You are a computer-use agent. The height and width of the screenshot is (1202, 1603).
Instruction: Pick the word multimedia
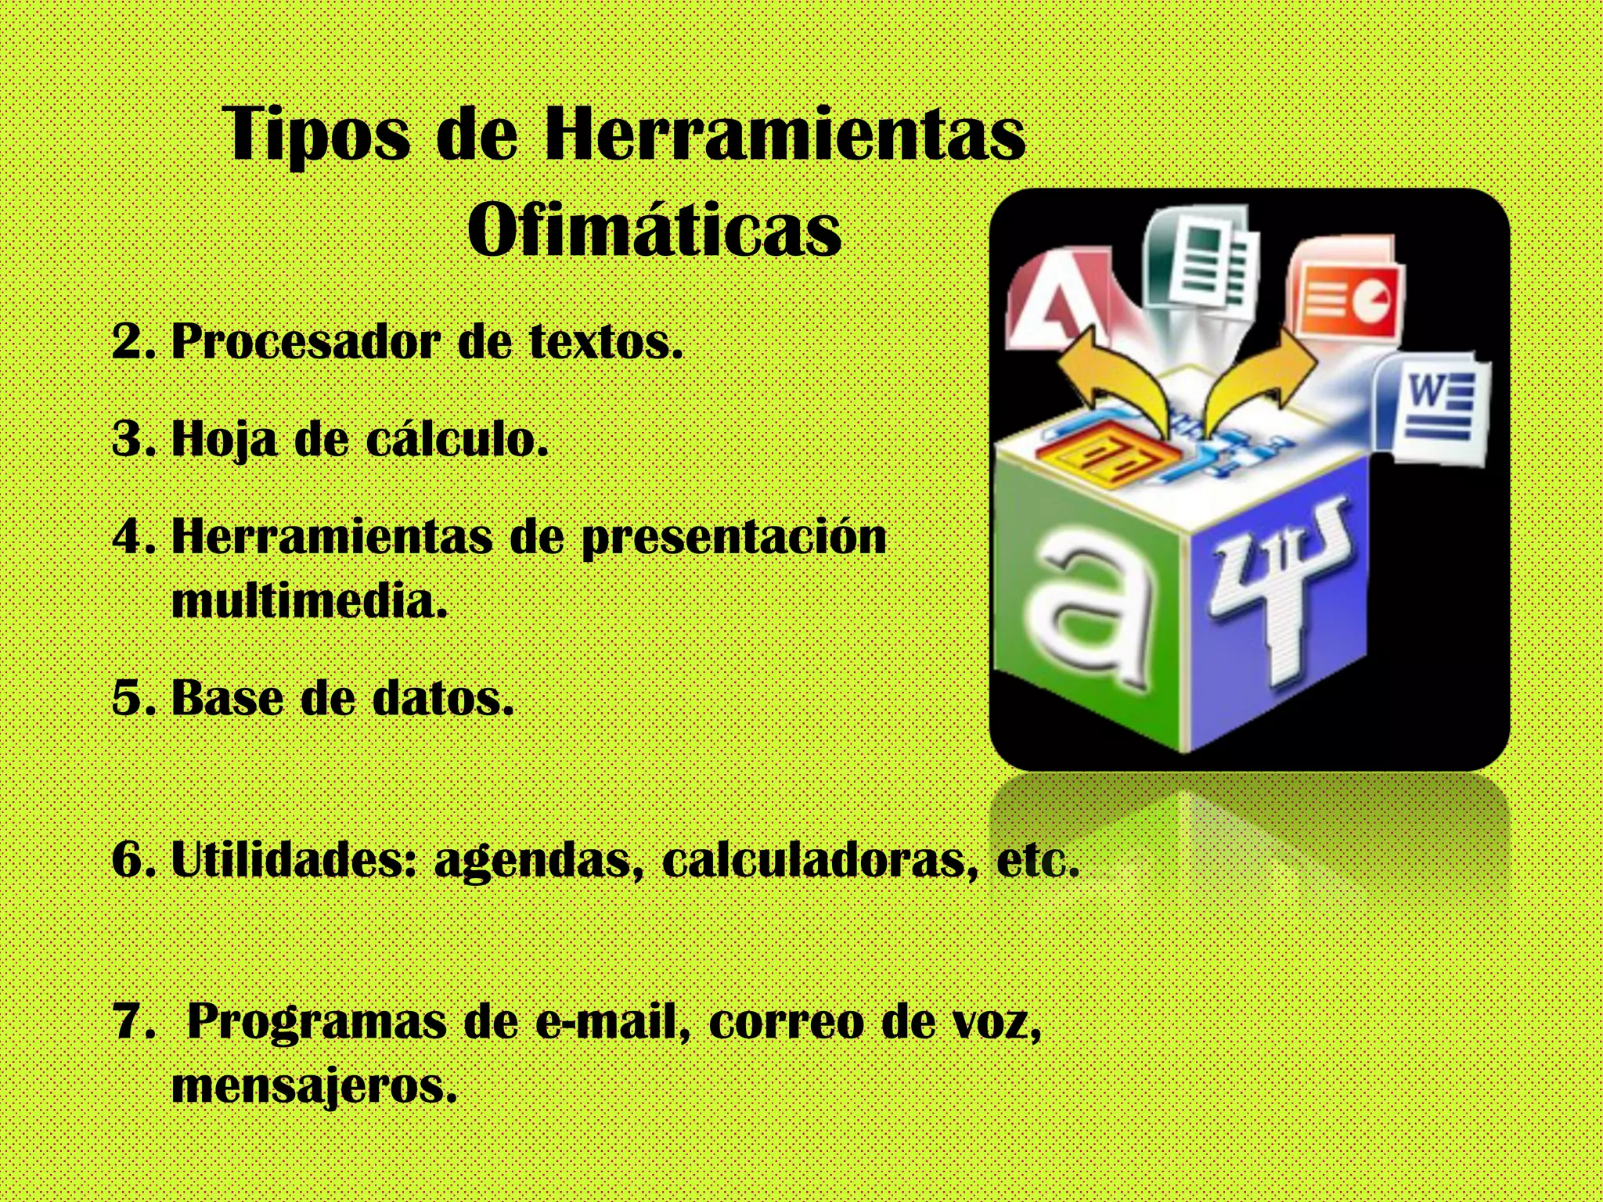click(x=308, y=601)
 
